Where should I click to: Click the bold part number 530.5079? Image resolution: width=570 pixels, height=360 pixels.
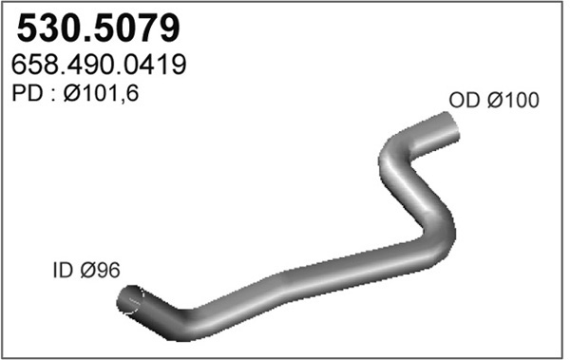click(98, 28)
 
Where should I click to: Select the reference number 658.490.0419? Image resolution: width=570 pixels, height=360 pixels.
click(99, 65)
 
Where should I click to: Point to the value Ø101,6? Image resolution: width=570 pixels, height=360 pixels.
click(101, 93)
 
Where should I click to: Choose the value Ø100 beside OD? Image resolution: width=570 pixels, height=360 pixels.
click(513, 100)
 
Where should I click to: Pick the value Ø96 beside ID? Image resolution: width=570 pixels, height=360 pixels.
click(100, 270)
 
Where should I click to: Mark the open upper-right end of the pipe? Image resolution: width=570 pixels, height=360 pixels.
click(450, 124)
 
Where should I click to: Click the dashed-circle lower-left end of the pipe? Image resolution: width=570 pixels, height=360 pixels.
click(130, 299)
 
